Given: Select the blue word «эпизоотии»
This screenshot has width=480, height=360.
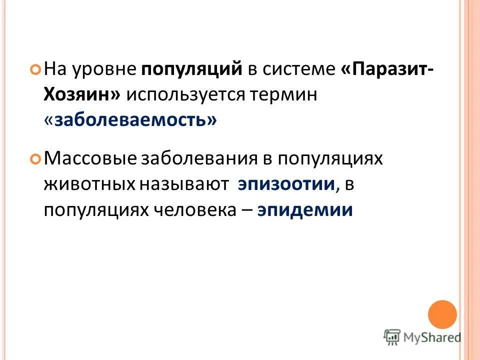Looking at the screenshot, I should point(286,184).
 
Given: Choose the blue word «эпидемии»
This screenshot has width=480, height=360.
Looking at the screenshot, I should point(305,210).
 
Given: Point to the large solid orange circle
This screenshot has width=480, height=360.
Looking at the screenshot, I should point(442,314).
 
